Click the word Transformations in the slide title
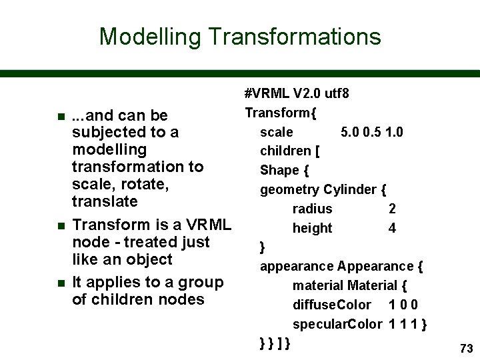[295, 36]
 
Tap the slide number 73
[466, 348]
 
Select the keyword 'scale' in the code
[277, 132]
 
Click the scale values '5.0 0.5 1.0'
[371, 132]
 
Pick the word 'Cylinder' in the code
[350, 189]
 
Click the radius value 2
[393, 209]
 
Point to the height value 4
[393, 228]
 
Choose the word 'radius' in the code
[312, 209]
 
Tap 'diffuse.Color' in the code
[331, 305]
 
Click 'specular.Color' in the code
[337, 324]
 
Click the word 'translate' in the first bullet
[104, 201]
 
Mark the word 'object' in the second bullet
[148, 259]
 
